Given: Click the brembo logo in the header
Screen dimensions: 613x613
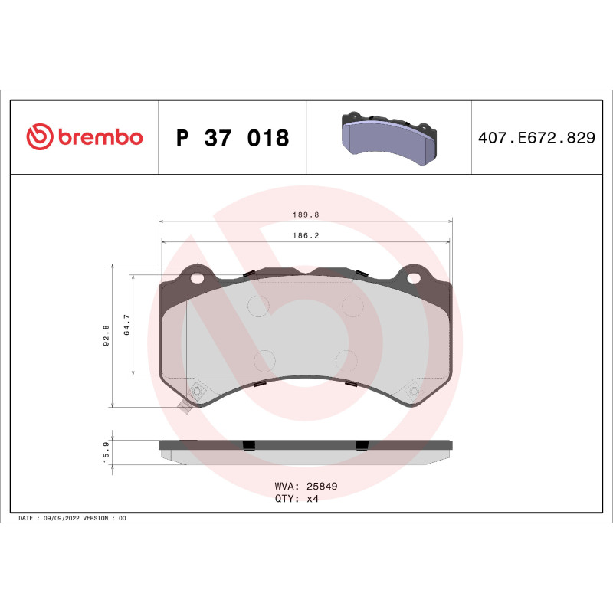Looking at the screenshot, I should point(84,137).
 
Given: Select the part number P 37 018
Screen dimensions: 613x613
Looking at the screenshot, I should point(232,138).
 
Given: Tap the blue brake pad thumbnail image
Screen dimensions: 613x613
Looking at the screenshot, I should point(389,137).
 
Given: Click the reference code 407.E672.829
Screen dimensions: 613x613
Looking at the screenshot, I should point(536,138).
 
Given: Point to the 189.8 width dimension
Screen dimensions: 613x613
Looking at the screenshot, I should point(306,216).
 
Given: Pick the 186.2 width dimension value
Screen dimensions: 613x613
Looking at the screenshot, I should point(306,236).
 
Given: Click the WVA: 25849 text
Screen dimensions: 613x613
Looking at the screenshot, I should point(306,486).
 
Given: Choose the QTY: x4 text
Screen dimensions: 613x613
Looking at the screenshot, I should point(296,498).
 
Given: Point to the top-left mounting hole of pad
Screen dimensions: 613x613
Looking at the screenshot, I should point(198,277).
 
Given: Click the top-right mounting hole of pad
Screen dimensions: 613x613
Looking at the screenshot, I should point(414,277).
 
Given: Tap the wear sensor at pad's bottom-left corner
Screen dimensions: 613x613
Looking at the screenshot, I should point(185,406).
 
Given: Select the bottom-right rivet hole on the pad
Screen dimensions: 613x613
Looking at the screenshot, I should point(415,392).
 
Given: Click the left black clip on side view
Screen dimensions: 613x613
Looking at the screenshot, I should point(248,445).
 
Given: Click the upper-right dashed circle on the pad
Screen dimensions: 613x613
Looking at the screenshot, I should point(352,306).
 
